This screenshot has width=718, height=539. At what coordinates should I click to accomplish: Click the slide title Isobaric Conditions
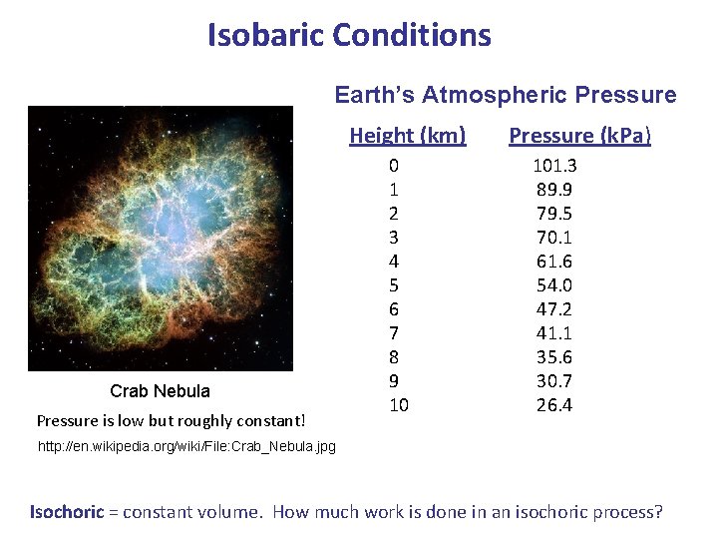(349, 36)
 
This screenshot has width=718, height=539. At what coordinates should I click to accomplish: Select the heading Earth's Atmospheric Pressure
(505, 95)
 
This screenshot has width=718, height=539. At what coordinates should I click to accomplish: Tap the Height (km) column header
(407, 135)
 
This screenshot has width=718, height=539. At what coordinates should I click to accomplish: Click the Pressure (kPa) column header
(580, 135)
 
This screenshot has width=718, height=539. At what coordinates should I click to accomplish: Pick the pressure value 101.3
(554, 166)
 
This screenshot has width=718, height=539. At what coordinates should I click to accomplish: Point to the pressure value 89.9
(554, 190)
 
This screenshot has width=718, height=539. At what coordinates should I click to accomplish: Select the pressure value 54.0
(554, 285)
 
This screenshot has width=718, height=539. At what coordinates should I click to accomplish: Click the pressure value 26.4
(554, 405)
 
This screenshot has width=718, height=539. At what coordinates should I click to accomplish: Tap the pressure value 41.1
(554, 333)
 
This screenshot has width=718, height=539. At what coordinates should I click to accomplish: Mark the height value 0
(395, 166)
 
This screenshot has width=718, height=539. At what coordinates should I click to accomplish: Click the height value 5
(395, 285)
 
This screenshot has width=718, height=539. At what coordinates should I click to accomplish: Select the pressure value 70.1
(554, 238)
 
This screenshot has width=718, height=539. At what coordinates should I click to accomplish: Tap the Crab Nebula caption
(160, 390)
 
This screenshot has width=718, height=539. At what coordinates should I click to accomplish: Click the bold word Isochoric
(66, 512)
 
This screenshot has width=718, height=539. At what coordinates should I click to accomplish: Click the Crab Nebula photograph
(161, 239)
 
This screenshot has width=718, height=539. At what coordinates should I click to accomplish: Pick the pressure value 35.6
(554, 357)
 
